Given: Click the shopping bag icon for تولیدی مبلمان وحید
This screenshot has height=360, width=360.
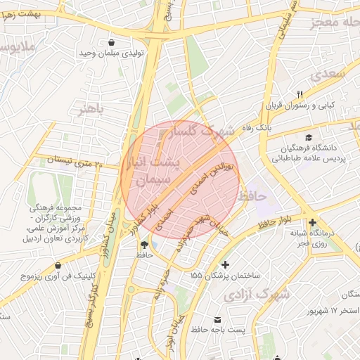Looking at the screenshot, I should pyautogui.click(x=112, y=41).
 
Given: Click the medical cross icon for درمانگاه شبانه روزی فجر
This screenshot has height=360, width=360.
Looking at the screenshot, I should pyautogui.click(x=312, y=223).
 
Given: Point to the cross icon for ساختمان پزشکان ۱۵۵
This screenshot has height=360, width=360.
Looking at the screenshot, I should pyautogui.click(x=225, y=265).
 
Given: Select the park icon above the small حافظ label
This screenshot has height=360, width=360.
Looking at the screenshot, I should pyautogui.click(x=144, y=244).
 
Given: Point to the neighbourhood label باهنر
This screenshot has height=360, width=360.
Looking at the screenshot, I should pyautogui.click(x=91, y=109).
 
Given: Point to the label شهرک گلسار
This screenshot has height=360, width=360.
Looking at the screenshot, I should pyautogui.click(x=206, y=131).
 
